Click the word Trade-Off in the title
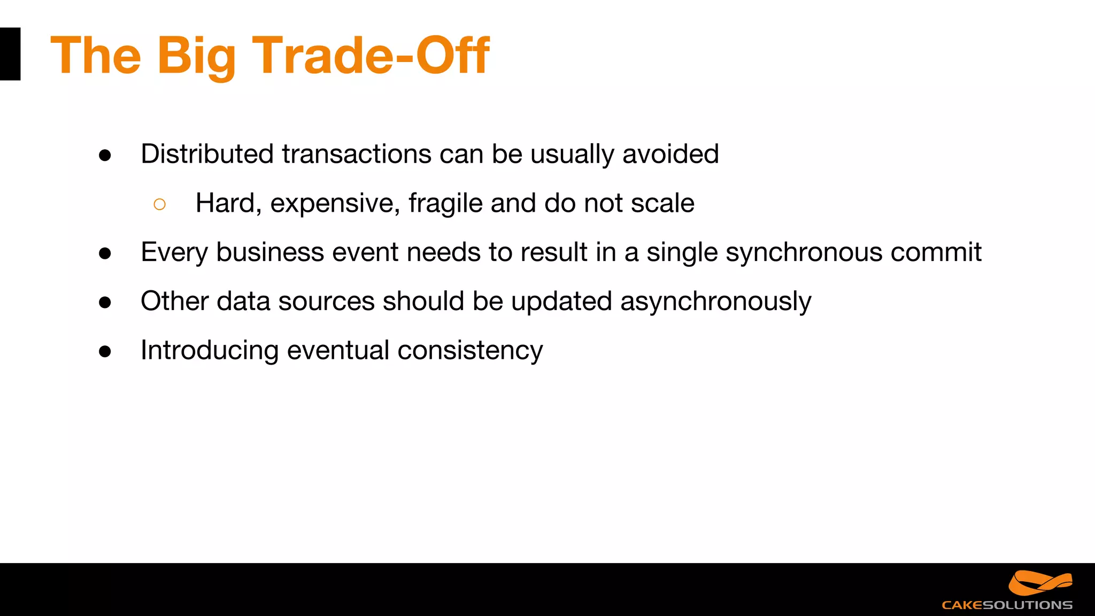(370, 55)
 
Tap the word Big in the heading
(196, 56)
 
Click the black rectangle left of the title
(10, 54)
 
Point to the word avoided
(670, 154)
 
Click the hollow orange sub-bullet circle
(159, 204)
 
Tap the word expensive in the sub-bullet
(335, 204)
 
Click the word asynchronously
(715, 302)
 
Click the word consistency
(470, 351)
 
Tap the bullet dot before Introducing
(105, 351)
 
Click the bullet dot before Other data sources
(105, 303)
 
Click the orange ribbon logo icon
(1040, 583)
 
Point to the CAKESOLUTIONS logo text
(1007, 605)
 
